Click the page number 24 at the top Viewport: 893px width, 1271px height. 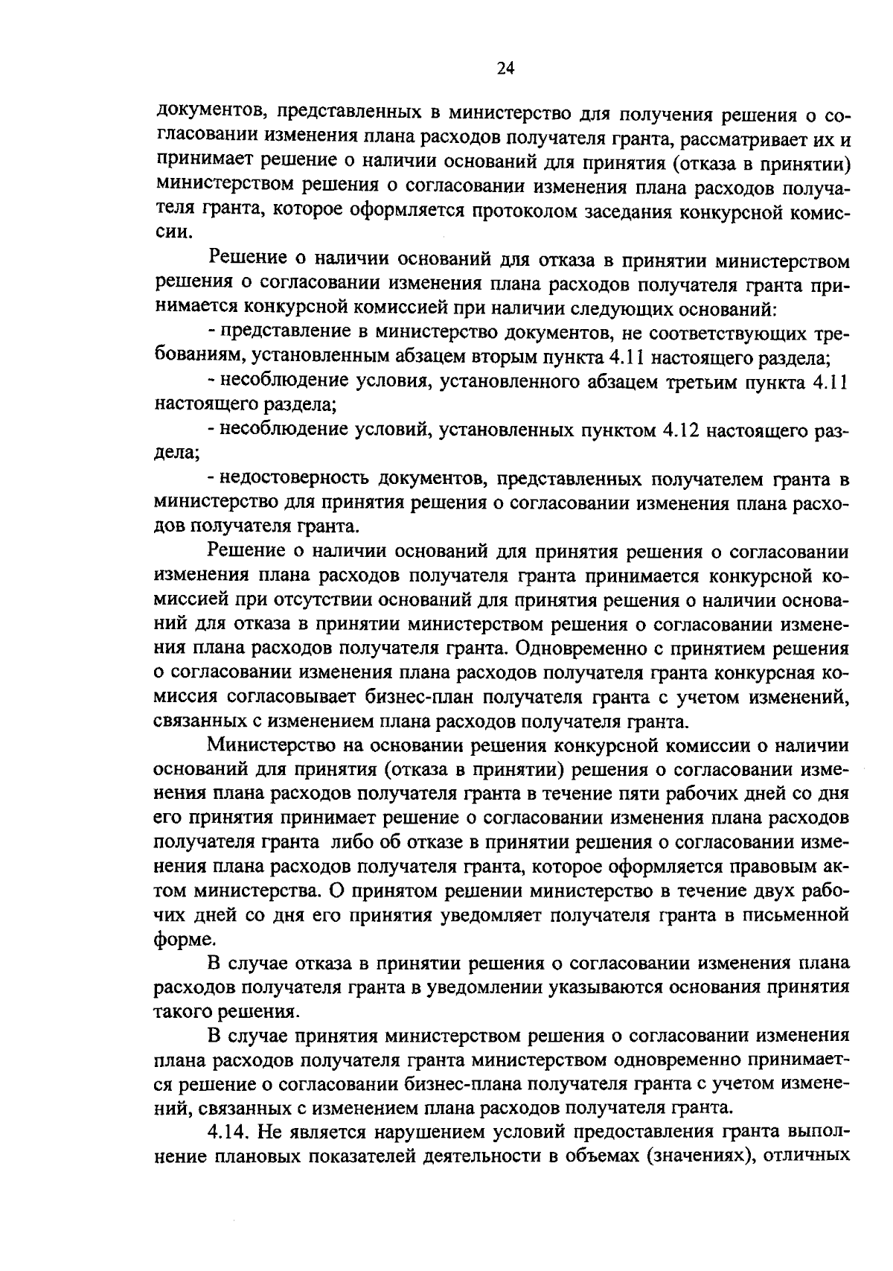[505, 69]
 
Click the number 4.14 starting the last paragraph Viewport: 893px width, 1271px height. [228, 1152]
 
